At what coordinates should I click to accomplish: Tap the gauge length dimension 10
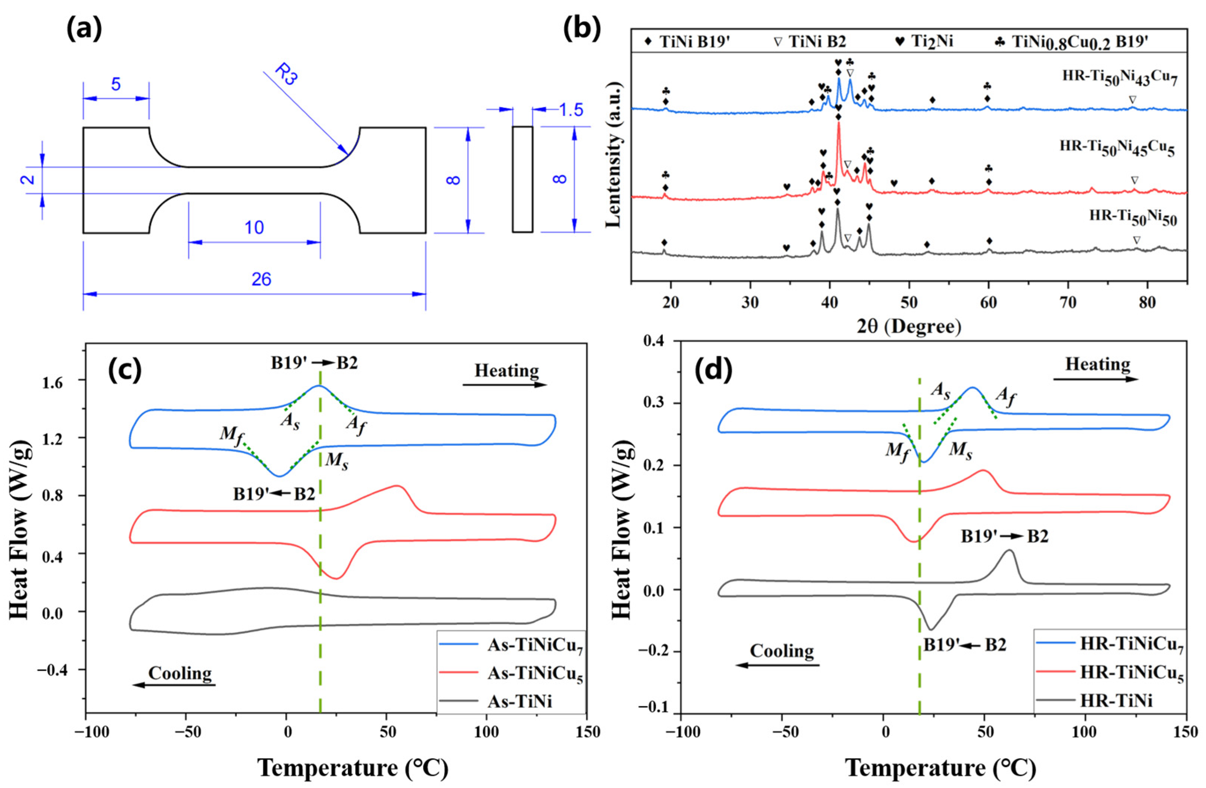click(x=254, y=227)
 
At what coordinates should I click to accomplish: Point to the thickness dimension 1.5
click(x=571, y=110)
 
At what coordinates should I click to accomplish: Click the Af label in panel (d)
click(x=1005, y=395)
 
